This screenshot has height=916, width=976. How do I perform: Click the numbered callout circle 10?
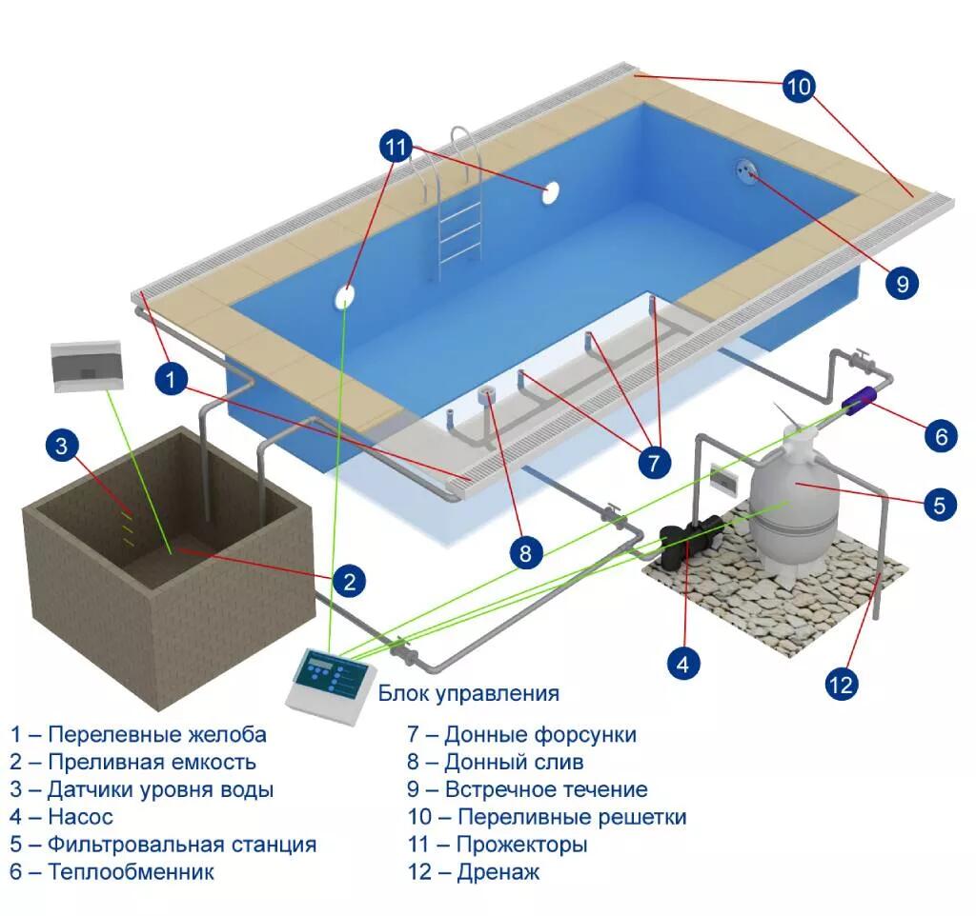799,87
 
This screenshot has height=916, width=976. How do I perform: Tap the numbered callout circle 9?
901,283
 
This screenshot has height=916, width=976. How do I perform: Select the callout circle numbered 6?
940,436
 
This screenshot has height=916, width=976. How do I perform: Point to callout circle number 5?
939,505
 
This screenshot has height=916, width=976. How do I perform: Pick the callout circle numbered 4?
681,664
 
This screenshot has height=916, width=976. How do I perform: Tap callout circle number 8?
525,553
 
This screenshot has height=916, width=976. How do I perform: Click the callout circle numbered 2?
349,580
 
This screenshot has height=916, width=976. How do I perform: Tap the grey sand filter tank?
793,495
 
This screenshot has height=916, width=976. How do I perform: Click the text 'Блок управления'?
468,693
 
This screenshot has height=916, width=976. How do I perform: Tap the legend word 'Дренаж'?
492,871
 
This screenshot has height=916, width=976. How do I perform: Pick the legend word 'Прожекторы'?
521,844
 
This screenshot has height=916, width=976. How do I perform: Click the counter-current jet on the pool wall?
745,169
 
